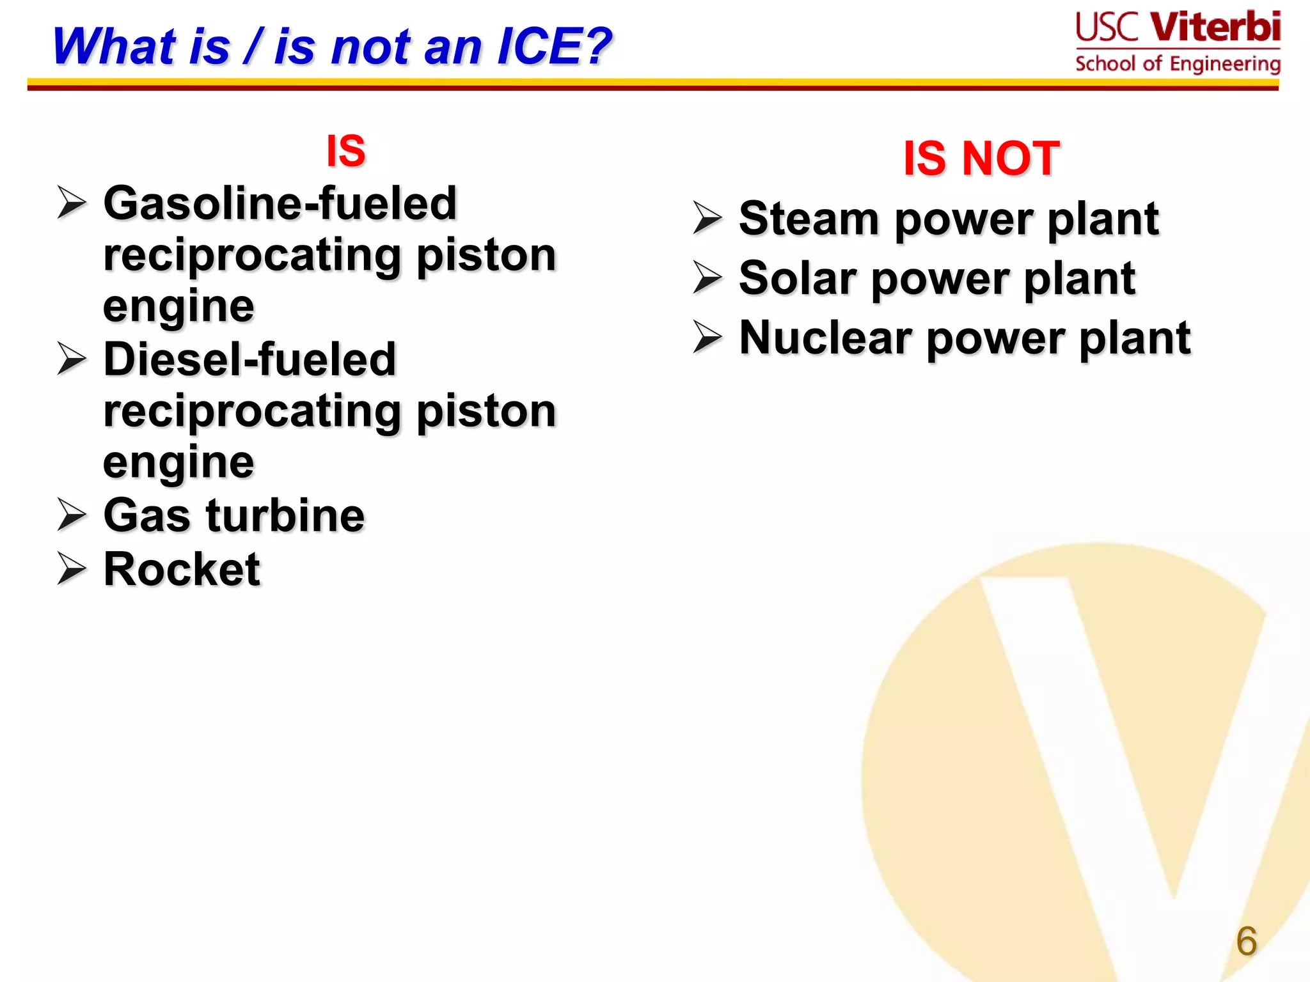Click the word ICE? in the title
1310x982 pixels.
click(x=554, y=47)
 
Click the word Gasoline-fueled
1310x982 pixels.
click(x=280, y=203)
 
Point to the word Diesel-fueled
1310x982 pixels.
click(x=249, y=359)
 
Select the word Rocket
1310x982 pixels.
click(x=182, y=569)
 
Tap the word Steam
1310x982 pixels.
click(x=809, y=219)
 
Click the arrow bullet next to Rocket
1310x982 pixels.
click(x=71, y=568)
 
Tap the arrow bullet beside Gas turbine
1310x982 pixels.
click(x=71, y=515)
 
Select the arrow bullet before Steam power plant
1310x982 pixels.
click(x=707, y=218)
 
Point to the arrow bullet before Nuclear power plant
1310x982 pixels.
click(x=707, y=338)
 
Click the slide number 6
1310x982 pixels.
click(x=1246, y=941)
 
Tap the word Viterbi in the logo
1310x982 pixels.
click(x=1215, y=27)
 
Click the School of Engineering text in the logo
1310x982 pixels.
click(x=1178, y=64)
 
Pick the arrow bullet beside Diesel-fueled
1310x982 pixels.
click(x=71, y=359)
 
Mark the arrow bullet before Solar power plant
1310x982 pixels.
click(x=707, y=278)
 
